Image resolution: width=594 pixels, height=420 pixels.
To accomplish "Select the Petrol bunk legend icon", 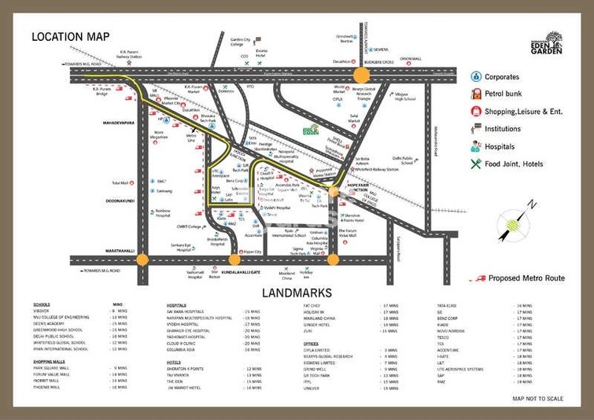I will point(476,94).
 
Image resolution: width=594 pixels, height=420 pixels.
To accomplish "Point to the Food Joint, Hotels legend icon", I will point(476,164).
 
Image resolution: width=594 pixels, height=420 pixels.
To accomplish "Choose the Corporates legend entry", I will point(501,77).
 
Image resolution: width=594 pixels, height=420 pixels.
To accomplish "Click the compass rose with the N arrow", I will point(515,223).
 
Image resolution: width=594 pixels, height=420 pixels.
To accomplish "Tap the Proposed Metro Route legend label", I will point(525,278).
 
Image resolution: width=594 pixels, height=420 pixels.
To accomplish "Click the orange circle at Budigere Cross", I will point(361,75).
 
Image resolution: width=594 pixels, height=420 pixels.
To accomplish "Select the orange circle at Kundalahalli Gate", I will point(234,260).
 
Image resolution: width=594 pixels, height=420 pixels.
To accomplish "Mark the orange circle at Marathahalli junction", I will point(142,260).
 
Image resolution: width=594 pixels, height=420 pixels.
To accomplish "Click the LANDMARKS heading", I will point(297,293).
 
